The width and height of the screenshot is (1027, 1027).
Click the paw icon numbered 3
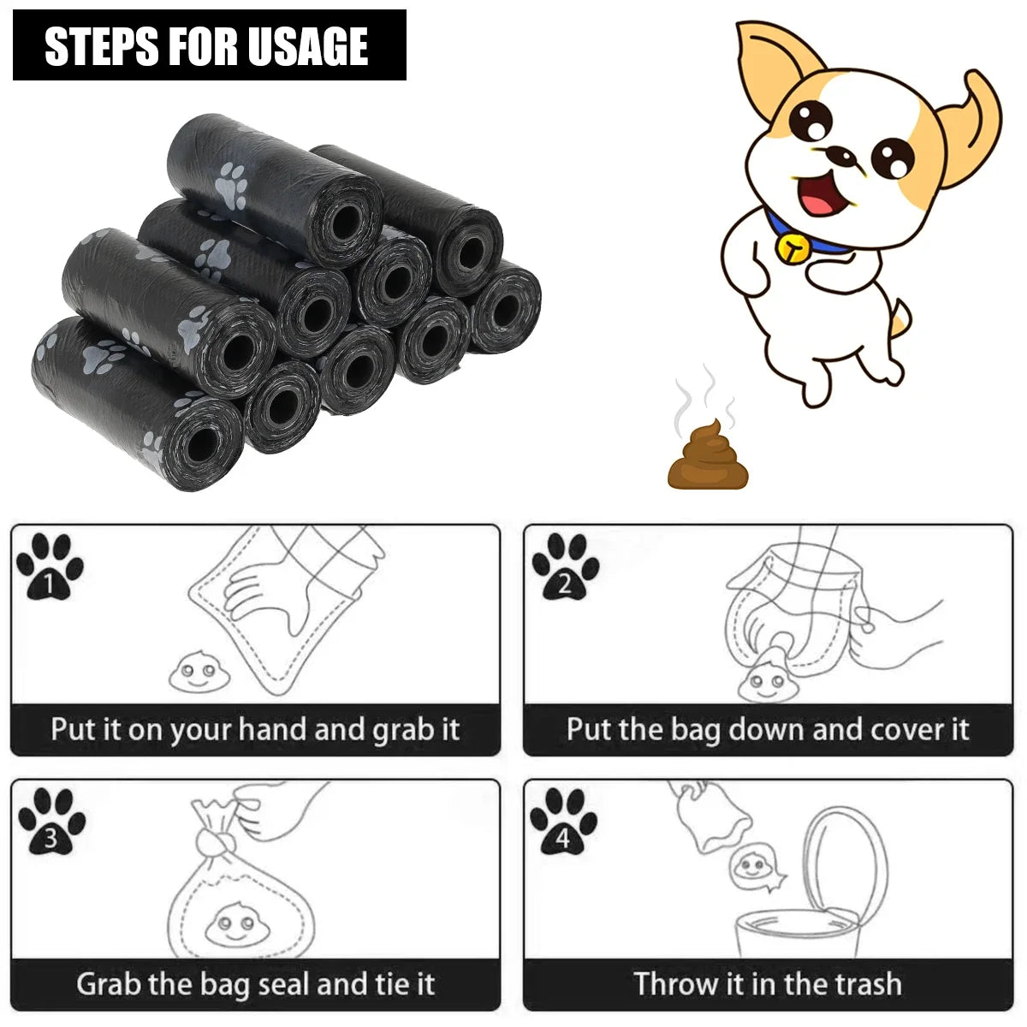pos(51,822)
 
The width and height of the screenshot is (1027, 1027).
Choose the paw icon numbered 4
pos(563,822)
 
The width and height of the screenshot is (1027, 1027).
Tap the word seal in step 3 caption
pos(285,983)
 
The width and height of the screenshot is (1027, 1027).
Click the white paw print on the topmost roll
pos(231,184)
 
